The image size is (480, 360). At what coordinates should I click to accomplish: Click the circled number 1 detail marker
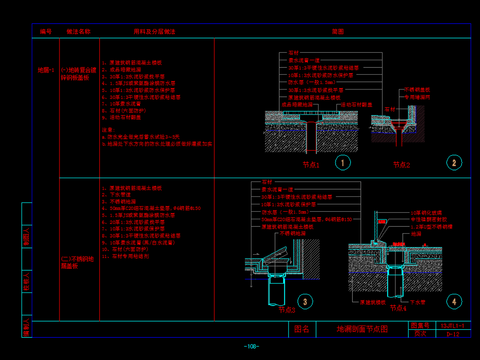[x=342, y=162]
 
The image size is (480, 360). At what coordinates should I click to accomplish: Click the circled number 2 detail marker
[x=453, y=162]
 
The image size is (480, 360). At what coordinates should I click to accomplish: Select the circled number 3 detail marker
[x=305, y=300]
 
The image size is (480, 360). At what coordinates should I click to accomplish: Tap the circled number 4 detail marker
[x=453, y=300]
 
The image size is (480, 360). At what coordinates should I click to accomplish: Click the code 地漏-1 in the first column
[x=44, y=70]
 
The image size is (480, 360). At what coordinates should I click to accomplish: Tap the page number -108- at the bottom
[x=252, y=346]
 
